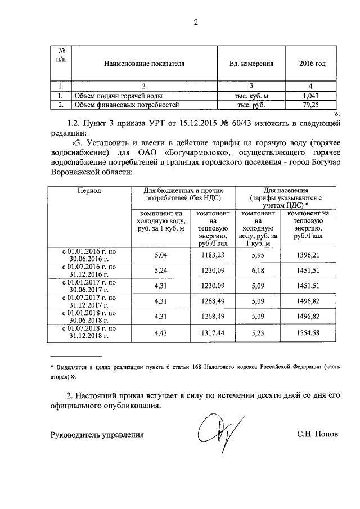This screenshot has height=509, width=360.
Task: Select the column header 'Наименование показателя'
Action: coord(144,64)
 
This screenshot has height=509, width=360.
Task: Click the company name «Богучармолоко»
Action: coord(193,152)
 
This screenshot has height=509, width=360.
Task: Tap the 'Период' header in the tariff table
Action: coord(89,191)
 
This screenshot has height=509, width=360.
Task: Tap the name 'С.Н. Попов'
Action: coord(318,435)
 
